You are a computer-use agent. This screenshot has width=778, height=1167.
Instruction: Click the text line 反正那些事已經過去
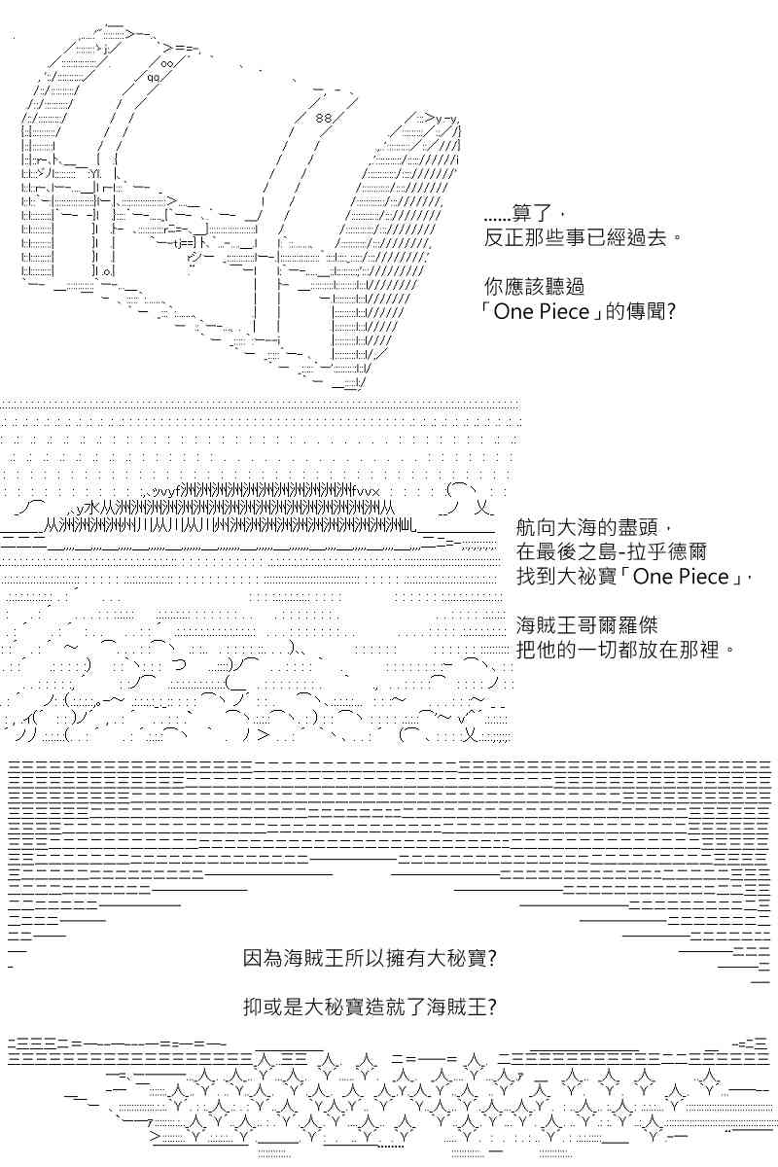583,238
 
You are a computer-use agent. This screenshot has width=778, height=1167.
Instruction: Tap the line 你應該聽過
534,286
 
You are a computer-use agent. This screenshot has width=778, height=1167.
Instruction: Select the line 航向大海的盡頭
593,527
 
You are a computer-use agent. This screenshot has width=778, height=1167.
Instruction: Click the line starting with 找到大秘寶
635,576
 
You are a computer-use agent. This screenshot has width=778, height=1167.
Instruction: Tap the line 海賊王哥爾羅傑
587,624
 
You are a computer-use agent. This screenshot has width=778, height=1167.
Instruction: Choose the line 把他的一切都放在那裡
625,650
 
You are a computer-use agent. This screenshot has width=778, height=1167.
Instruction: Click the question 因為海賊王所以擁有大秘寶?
370,958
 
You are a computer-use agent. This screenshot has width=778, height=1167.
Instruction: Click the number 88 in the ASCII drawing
324,119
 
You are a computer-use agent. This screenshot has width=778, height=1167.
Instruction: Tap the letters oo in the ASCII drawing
167,63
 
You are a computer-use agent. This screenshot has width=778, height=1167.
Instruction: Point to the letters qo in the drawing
154,78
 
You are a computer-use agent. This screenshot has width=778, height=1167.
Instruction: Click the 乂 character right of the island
481,507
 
